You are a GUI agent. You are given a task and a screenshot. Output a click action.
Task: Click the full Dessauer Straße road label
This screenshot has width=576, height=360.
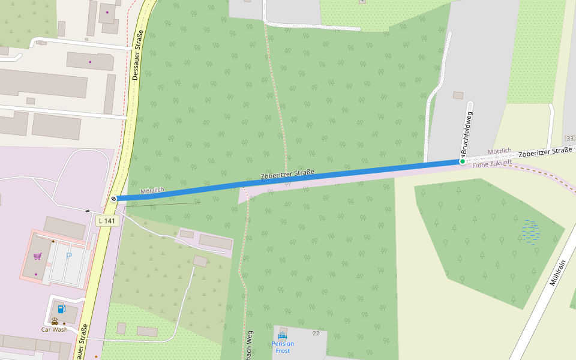click(x=136, y=56)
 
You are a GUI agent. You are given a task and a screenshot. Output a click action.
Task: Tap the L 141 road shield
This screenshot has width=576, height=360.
click(x=107, y=221)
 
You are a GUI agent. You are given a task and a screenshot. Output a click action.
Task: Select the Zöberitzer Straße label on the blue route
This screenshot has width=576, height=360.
click(x=287, y=175)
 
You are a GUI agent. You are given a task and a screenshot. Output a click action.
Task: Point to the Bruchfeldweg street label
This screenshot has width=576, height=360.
click(x=467, y=131)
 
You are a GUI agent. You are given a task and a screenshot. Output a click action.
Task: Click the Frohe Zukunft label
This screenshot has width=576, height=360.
click(x=492, y=163)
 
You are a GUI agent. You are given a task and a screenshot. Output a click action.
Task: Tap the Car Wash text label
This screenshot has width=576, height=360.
click(x=54, y=329)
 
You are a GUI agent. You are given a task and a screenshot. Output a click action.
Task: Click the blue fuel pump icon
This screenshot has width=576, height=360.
click(x=62, y=309)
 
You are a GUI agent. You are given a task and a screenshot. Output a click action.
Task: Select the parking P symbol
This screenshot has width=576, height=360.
click(x=69, y=256)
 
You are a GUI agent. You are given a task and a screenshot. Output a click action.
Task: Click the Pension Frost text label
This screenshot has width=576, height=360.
click(x=283, y=347)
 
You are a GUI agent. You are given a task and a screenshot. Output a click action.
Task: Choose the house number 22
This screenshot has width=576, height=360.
click(x=316, y=332)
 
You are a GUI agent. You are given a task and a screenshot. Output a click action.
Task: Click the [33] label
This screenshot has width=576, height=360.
click(x=569, y=138)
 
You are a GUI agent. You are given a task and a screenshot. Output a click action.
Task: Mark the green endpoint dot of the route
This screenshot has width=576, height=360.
click(x=462, y=161)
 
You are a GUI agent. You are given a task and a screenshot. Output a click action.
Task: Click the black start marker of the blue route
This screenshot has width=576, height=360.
click(x=113, y=199)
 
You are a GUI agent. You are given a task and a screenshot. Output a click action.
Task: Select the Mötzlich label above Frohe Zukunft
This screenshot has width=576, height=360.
click(x=500, y=151)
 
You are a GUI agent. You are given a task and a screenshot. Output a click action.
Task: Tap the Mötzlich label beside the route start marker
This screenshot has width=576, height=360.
click(x=152, y=191)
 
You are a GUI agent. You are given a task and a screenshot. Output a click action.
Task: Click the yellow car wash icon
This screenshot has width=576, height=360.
click(x=55, y=320)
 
